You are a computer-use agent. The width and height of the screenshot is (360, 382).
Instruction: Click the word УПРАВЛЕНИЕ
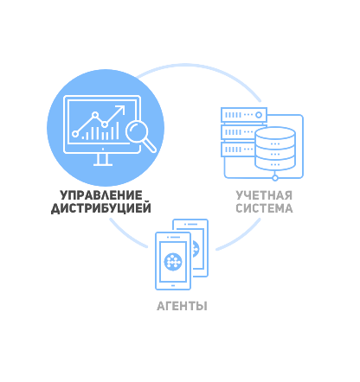(101, 195)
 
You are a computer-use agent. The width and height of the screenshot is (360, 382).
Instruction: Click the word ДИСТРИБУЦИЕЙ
(101, 208)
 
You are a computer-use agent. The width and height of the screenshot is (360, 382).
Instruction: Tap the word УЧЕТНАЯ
(264, 195)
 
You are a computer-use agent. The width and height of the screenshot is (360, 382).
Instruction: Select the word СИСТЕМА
(264, 208)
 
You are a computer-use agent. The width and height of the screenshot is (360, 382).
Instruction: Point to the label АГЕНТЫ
(182, 306)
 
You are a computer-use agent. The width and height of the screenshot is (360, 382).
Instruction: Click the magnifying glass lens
(137, 131)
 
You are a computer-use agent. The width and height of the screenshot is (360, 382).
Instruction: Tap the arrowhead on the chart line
(121, 110)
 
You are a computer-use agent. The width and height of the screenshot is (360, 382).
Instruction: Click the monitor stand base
(103, 164)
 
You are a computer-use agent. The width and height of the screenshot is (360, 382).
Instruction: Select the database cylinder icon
(275, 149)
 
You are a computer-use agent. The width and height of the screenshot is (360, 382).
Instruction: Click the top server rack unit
(244, 115)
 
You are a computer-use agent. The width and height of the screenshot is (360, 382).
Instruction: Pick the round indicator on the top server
(259, 115)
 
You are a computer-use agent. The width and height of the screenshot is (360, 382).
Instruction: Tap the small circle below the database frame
(275, 178)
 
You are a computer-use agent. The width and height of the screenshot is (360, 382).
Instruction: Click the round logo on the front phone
(173, 262)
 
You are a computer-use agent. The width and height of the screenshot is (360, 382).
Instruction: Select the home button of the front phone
(173, 285)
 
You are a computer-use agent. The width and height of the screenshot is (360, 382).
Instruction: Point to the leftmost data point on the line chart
(75, 134)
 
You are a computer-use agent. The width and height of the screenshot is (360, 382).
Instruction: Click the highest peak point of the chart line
(95, 115)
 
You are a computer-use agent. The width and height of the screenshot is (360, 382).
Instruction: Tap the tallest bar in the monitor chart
(118, 131)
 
